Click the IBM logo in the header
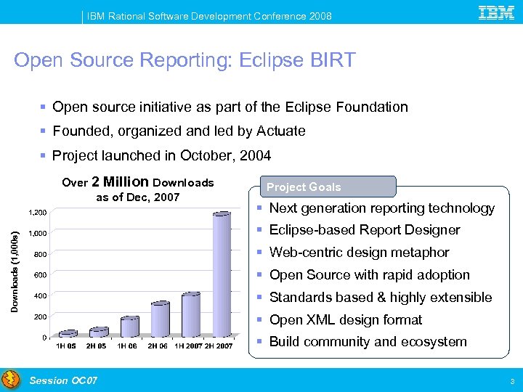pyautogui.click(x=497, y=12)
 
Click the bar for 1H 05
pyautogui.click(x=68, y=333)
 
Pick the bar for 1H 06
pyautogui.click(x=129, y=327)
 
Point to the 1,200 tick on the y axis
pyautogui.click(x=37, y=213)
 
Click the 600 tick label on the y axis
pyautogui.click(x=40, y=275)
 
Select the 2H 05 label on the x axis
pyautogui.click(x=97, y=346)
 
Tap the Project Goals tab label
pyautogui.click(x=304, y=187)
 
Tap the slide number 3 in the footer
pyautogui.click(x=512, y=381)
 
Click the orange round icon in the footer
pyautogui.click(x=11, y=380)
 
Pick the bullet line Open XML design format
pyautogui.click(x=346, y=320)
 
